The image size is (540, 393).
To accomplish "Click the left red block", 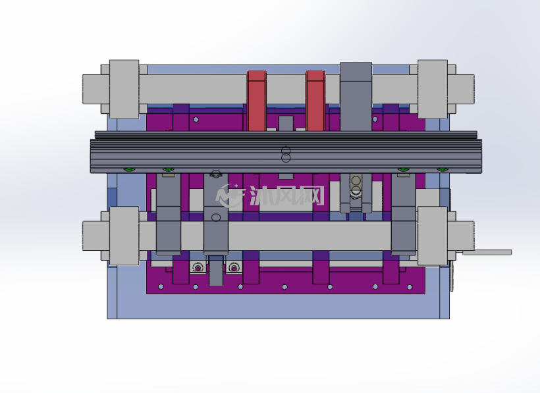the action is (x=257, y=101).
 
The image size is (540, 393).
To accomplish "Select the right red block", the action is (x=315, y=101).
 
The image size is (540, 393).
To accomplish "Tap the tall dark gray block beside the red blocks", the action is (x=356, y=97).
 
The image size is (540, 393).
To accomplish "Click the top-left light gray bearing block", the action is (x=124, y=89).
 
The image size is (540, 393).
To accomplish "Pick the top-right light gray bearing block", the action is (x=433, y=89).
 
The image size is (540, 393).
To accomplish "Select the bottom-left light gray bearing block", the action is (x=124, y=236).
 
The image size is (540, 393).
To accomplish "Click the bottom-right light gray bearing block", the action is (x=433, y=236).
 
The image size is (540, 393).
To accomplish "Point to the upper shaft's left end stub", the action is (x=95, y=89).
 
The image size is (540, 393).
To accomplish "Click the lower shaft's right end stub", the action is (x=461, y=236).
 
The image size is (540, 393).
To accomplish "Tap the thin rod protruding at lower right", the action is (x=487, y=253).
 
